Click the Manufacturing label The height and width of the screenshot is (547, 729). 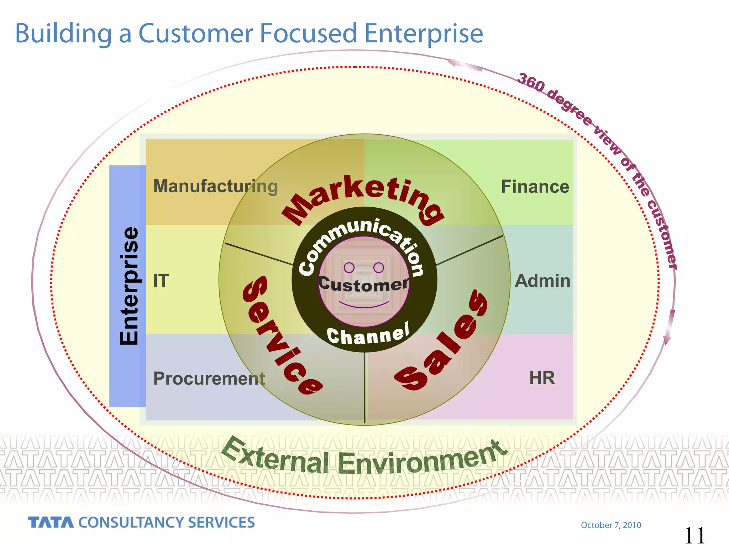click(x=215, y=186)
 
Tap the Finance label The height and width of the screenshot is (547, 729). click(x=535, y=187)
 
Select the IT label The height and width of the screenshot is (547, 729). click(x=161, y=281)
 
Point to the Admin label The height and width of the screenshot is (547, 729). click(x=542, y=281)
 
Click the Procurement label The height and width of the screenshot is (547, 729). click(x=209, y=378)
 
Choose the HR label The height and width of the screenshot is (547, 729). click(x=542, y=378)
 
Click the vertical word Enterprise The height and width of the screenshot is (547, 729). click(x=129, y=286)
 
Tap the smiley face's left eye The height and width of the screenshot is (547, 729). click(x=349, y=267)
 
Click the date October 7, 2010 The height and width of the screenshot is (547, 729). click(x=611, y=525)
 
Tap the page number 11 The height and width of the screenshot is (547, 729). click(x=694, y=535)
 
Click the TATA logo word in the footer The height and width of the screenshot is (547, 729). click(x=51, y=522)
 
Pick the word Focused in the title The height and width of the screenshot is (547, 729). click(x=308, y=33)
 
